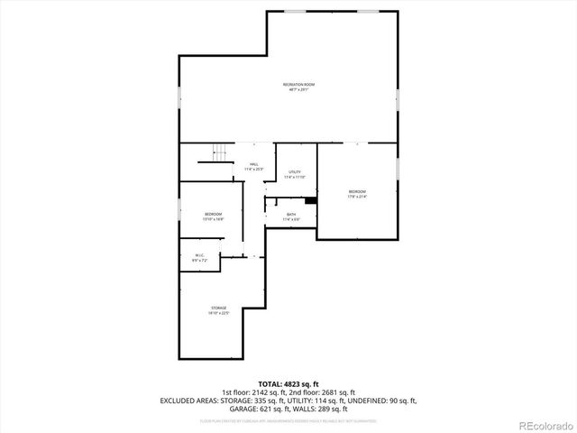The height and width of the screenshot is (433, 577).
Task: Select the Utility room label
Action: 295,171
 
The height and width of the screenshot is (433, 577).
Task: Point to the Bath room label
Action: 291,214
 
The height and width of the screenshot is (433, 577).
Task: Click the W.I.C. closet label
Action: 200,255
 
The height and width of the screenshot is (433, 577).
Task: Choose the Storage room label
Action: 219,308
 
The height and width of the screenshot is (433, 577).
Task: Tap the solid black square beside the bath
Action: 310,201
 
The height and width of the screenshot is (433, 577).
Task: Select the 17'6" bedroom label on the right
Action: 357,191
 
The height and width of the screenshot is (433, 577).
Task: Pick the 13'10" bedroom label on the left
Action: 213,214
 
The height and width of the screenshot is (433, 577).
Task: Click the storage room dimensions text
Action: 219,313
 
